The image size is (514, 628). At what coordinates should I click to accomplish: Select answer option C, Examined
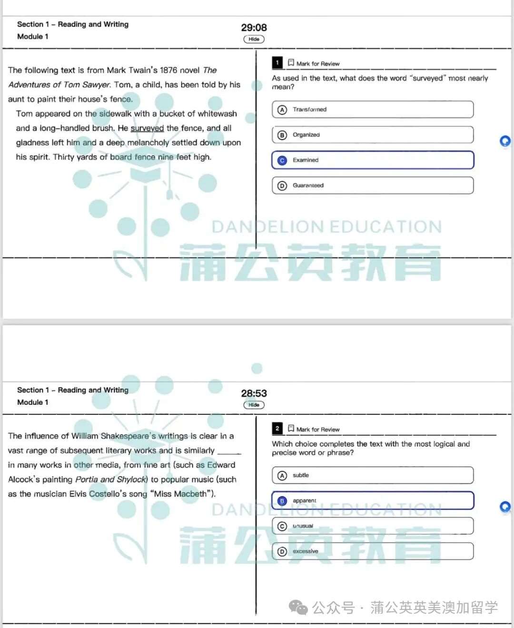point(373,160)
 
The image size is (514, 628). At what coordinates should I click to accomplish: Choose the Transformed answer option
point(373,109)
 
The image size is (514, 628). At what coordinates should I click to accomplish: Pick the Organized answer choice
point(373,135)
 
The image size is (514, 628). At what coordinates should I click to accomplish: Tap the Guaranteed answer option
point(373,186)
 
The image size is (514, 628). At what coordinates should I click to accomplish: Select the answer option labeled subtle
point(373,475)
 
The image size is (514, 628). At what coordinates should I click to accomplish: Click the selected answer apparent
point(373,500)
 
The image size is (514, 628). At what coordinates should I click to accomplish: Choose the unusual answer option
point(373,526)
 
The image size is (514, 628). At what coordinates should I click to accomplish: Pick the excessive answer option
point(373,551)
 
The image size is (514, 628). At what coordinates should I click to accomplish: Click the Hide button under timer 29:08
point(254,39)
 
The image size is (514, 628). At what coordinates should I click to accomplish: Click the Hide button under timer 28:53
point(254,405)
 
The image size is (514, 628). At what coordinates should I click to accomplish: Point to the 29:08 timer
point(254,28)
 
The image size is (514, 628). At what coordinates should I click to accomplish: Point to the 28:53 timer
point(254,393)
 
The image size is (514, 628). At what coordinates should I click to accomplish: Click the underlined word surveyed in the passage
point(147,128)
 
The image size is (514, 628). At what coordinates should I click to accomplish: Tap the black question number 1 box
point(277,63)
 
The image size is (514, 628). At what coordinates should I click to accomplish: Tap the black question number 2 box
point(277,429)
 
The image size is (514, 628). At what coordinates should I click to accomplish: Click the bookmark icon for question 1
point(291,63)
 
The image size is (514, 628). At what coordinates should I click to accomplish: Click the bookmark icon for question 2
point(291,429)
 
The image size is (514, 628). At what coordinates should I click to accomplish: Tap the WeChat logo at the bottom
point(299,608)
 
